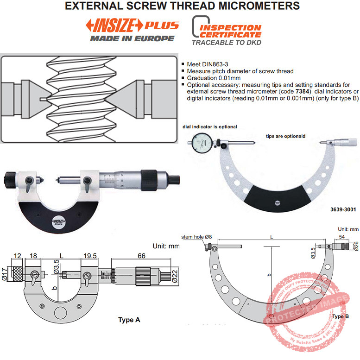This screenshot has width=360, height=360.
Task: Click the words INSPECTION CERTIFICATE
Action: pos(230,31)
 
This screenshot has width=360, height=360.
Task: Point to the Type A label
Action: pos(129,320)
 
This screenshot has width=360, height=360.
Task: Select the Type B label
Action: pos(341,316)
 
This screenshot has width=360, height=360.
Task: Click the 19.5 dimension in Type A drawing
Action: pos(89,255)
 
